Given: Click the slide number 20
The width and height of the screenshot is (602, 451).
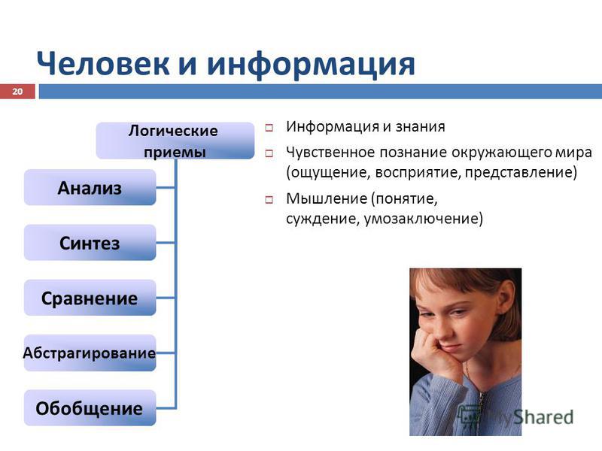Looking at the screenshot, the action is (17, 91).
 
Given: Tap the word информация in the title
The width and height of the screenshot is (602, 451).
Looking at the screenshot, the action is (311, 65).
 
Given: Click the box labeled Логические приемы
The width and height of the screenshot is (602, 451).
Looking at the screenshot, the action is (175, 141).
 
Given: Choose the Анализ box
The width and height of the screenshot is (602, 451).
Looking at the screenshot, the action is (90, 187).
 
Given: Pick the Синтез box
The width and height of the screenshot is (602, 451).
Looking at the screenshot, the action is (90, 243).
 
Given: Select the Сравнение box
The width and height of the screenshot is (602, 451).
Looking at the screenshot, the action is (90, 298).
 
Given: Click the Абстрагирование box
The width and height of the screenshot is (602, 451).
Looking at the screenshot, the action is (90, 353).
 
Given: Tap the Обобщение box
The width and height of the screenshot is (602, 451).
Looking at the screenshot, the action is (90, 408).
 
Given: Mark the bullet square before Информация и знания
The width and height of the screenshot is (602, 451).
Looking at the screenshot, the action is (269, 128).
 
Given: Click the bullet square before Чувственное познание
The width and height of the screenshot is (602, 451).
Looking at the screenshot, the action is (269, 154).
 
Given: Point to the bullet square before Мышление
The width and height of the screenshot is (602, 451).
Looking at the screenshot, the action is (269, 199).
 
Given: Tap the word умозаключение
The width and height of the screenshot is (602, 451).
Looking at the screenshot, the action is (423, 219).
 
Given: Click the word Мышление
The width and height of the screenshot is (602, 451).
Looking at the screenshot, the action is (326, 198).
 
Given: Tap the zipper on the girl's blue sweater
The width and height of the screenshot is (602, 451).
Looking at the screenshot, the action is (479, 407).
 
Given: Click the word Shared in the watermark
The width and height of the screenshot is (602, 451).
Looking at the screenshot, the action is (543, 417).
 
